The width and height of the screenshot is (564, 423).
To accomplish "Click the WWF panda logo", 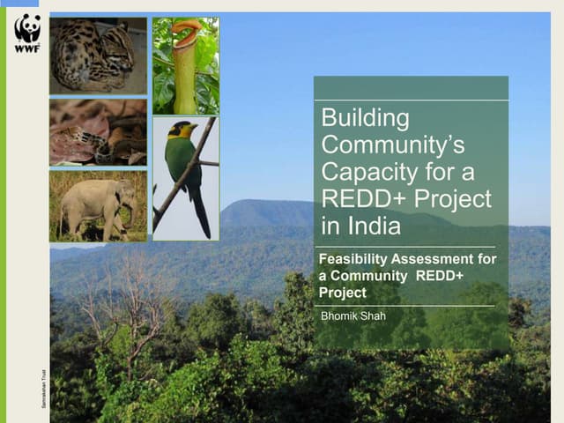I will tap(27, 33).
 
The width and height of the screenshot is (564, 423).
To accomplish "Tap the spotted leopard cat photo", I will tap(98, 56).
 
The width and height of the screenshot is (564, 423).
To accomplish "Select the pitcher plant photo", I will tap(185, 65).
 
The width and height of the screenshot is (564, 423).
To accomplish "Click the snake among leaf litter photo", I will tap(98, 132).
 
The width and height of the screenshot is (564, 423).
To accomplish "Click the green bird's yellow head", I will tap(186, 130).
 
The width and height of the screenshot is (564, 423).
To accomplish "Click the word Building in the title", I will tap(365, 117).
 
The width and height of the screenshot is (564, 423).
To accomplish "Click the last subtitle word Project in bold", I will tap(342, 292).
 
